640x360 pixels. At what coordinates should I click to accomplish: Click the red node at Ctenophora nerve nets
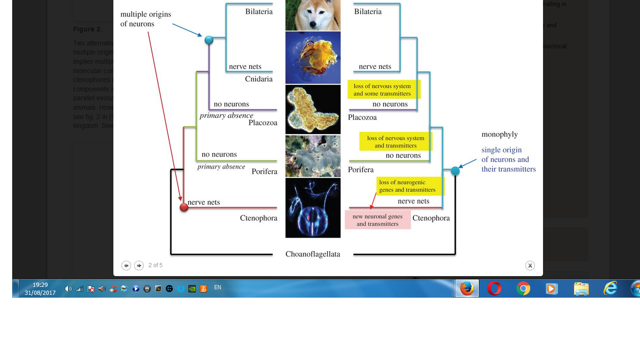[x=184, y=207]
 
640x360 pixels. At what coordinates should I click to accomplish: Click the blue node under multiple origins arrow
[x=209, y=40]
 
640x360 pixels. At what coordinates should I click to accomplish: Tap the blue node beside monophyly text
[x=455, y=171]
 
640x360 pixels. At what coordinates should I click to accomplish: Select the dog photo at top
[x=313, y=15]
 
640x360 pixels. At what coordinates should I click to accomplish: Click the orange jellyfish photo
[x=313, y=58]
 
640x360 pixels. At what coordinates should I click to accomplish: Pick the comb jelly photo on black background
[x=313, y=208]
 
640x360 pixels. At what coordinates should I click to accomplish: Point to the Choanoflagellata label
[x=313, y=254]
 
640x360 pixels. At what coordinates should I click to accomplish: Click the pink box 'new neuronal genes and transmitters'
[x=378, y=220]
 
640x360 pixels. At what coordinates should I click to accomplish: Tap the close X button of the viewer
[x=530, y=266]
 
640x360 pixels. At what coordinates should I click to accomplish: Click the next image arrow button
[x=139, y=266]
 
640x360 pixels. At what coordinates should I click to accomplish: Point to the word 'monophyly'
[x=499, y=135]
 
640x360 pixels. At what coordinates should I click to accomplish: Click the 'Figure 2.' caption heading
[x=88, y=29]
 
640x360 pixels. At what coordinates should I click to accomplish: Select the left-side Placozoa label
[x=263, y=123]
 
